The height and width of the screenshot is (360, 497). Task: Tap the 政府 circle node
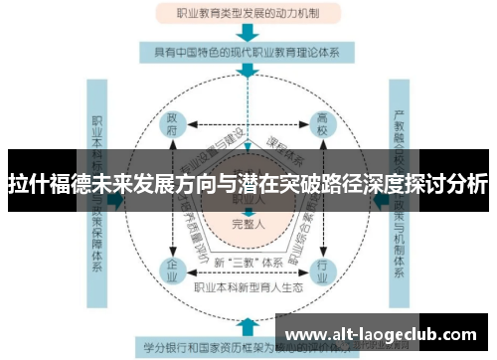point(172,127)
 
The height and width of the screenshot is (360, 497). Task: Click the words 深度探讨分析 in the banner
point(428,185)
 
